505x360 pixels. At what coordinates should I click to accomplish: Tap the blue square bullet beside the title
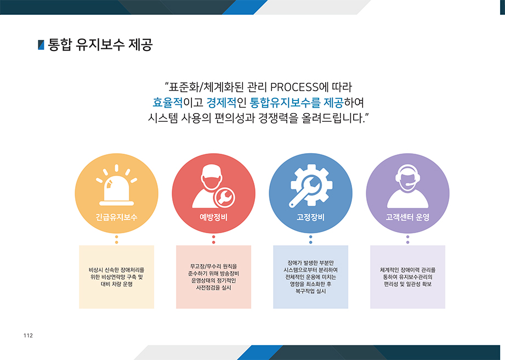[41, 45]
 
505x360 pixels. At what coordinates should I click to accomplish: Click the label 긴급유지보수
[116, 217]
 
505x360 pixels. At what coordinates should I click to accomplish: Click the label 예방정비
[213, 217]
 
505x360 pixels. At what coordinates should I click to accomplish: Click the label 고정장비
[310, 217]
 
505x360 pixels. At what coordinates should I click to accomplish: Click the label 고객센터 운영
[407, 217]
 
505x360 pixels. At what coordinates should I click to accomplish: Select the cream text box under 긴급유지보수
[116, 277]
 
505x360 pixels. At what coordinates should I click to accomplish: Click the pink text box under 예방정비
[213, 277]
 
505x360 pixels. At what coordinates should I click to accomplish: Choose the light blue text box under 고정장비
[310, 277]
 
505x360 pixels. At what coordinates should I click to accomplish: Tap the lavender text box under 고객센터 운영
[407, 277]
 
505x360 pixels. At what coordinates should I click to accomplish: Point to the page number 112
[28, 335]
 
